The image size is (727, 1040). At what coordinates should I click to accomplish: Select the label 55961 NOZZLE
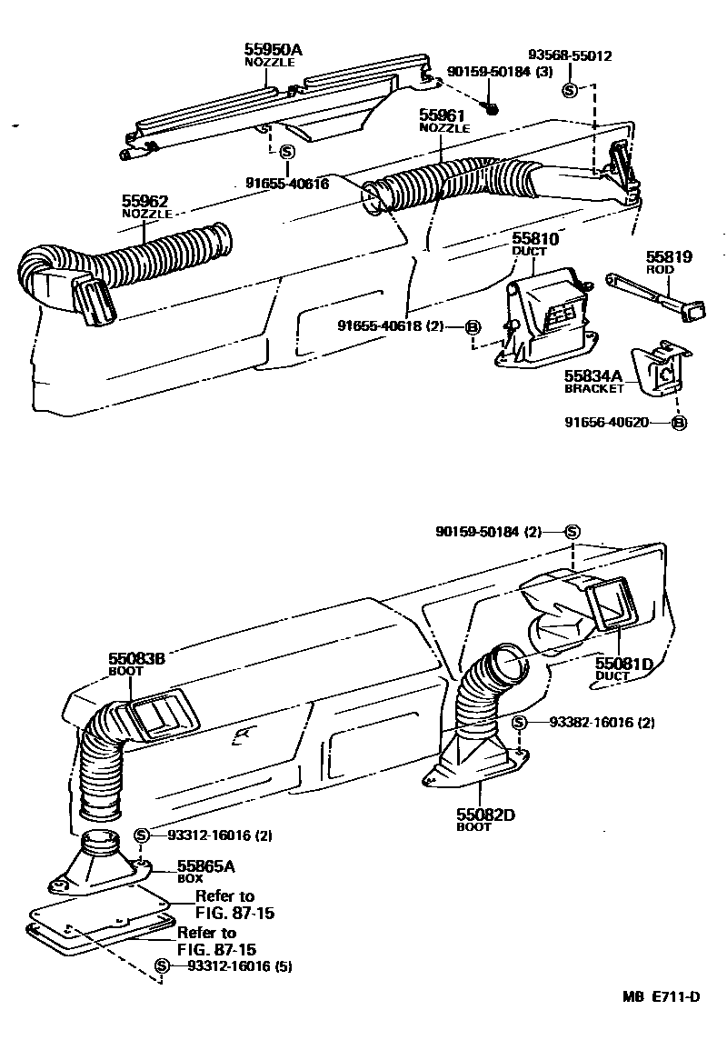[443, 120]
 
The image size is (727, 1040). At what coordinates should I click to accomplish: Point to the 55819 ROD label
[669, 263]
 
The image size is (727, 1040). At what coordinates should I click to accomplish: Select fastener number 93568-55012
[571, 55]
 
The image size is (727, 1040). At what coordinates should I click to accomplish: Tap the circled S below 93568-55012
[570, 89]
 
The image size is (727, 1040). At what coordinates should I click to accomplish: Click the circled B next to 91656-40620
[679, 422]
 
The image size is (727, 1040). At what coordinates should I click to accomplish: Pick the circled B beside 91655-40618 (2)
[473, 327]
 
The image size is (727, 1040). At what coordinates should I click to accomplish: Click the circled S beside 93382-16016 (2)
[519, 723]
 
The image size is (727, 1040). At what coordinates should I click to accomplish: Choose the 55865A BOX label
[205, 871]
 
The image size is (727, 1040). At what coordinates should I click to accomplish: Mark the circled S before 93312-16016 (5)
[163, 965]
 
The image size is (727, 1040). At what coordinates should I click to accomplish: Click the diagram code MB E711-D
[661, 997]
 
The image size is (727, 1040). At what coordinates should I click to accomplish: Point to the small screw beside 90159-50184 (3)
[492, 107]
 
